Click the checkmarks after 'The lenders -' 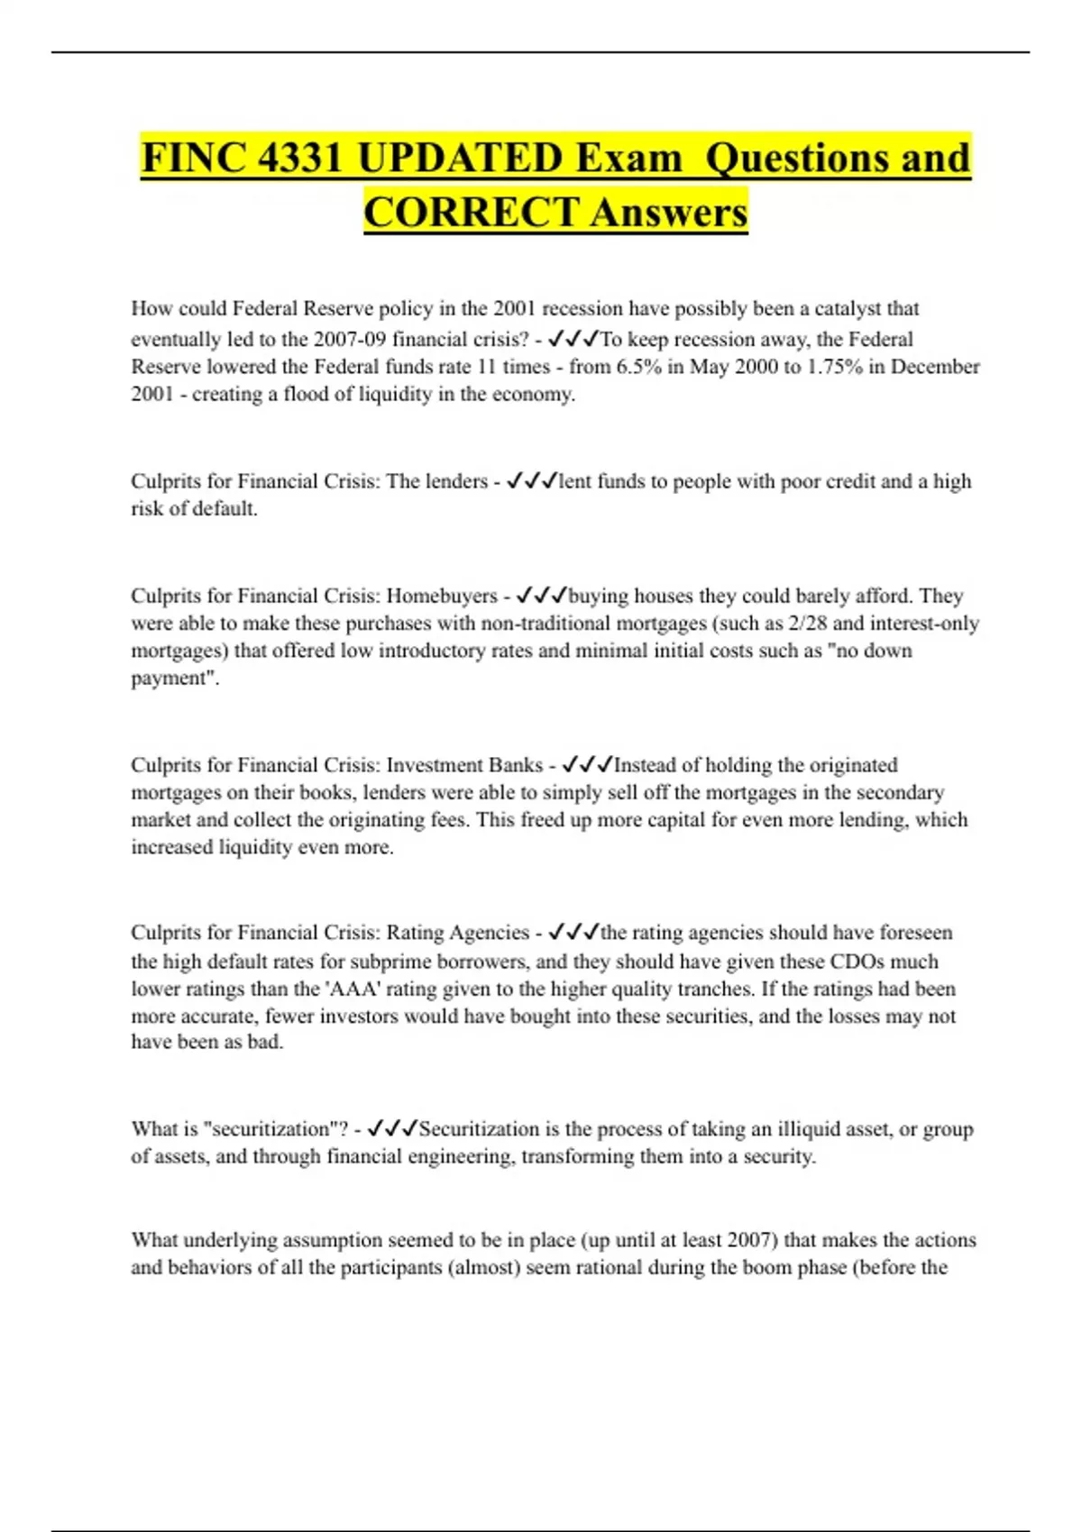[x=532, y=481]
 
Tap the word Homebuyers [x=442, y=596]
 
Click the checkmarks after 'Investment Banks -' [x=587, y=765]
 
